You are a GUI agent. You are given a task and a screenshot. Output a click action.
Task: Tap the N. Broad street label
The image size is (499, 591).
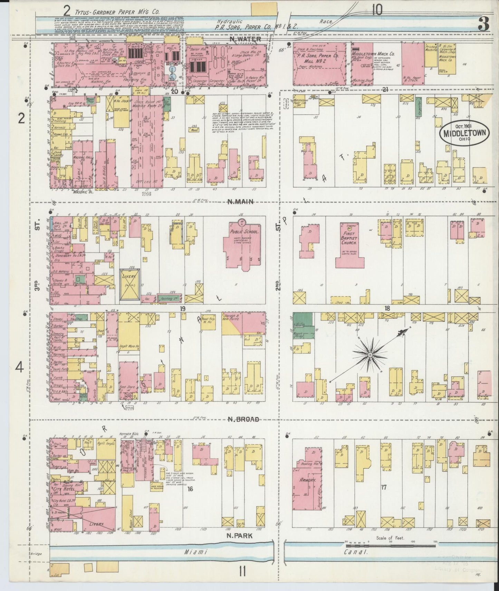coord(243,419)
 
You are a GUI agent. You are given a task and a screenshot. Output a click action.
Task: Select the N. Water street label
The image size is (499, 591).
coord(245,39)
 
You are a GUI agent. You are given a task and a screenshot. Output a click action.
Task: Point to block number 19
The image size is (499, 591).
coord(183,308)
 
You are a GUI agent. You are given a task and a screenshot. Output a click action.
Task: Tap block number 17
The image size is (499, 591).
coord(383,487)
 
